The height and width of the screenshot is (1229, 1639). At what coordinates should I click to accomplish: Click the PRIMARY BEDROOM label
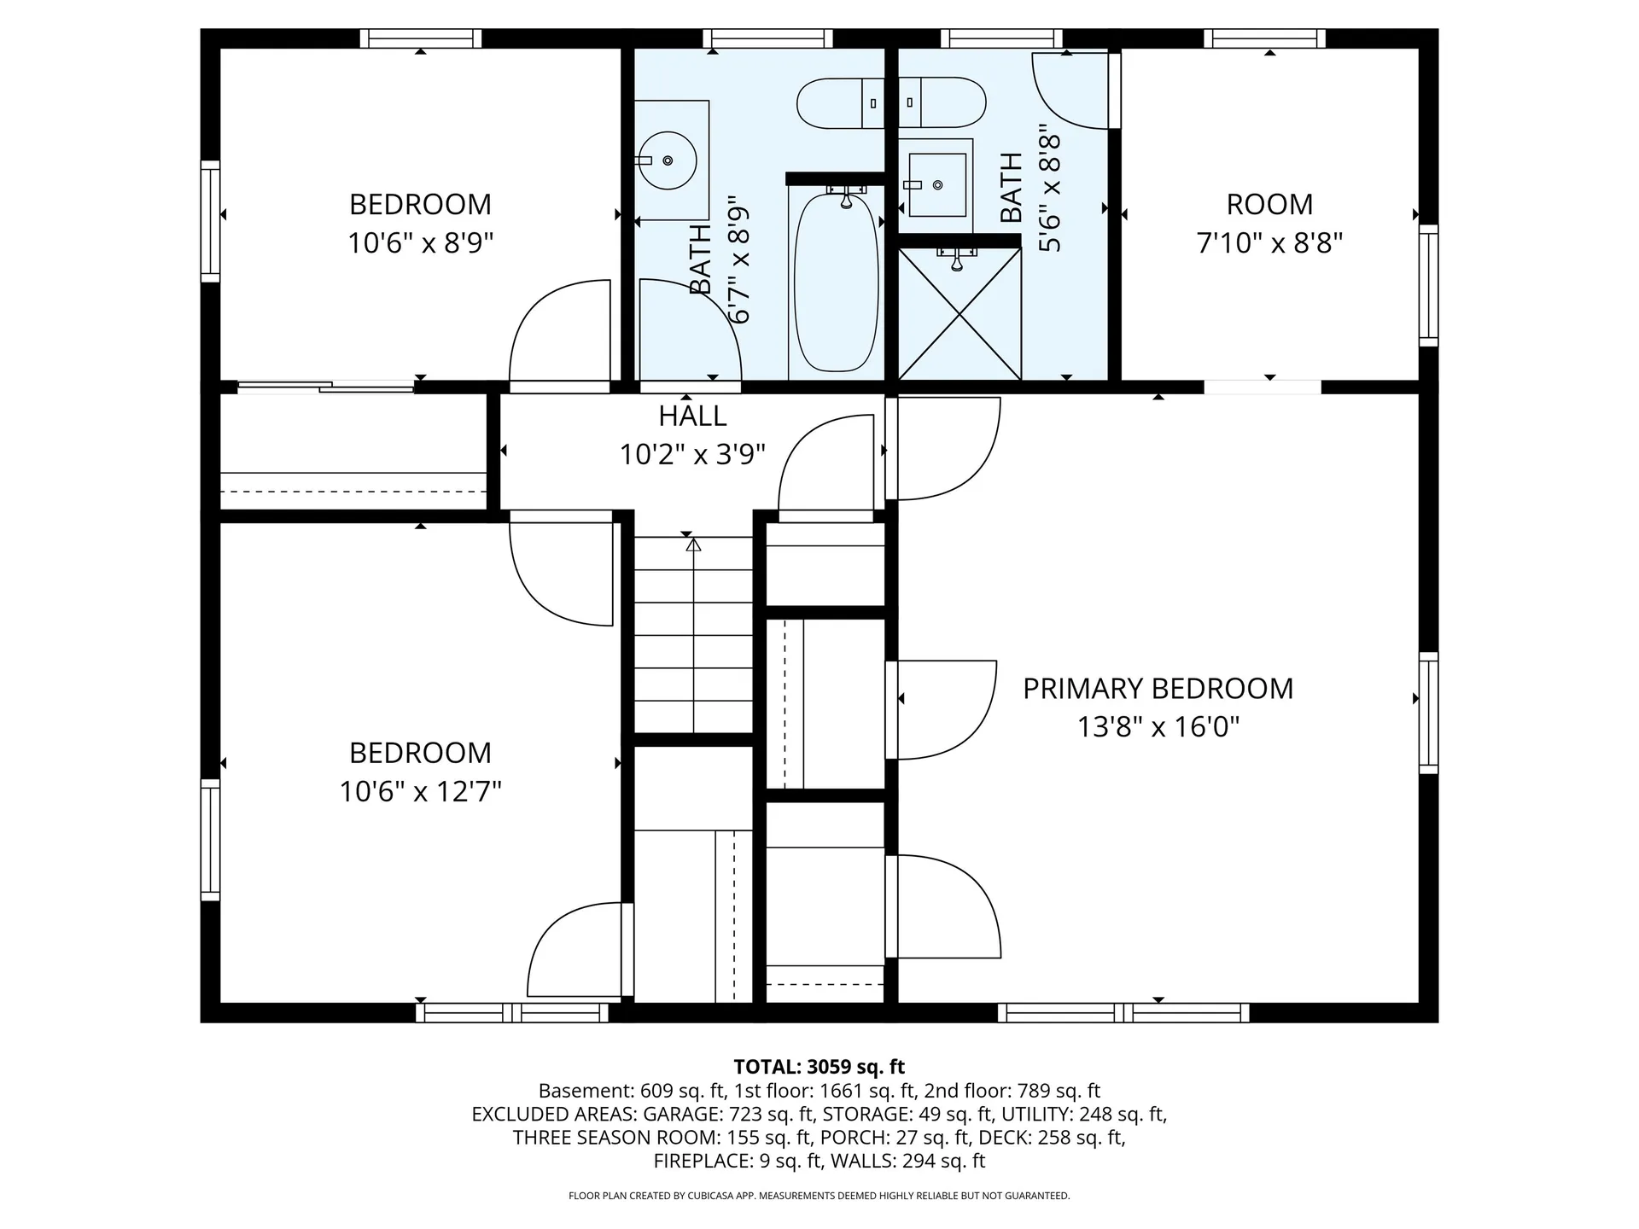[1158, 689]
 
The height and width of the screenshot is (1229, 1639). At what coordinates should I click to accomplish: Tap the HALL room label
[692, 416]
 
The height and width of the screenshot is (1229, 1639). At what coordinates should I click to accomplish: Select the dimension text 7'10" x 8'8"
[1269, 243]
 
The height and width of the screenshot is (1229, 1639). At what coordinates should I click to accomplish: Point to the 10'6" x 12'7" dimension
[420, 792]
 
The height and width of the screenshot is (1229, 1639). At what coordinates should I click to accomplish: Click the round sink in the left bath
[668, 160]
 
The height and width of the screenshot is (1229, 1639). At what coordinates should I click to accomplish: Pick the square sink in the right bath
[937, 184]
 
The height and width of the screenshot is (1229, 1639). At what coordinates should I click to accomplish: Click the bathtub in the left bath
[837, 282]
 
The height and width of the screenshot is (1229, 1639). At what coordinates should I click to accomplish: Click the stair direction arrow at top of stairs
[693, 545]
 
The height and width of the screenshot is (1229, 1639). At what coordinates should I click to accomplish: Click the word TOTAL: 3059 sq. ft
[819, 1067]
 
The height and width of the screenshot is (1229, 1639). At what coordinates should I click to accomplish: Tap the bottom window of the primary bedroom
[1123, 1013]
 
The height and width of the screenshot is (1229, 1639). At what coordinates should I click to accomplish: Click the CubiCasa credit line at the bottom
[819, 1197]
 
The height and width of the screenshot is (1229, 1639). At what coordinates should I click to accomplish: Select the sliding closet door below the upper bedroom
[325, 387]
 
